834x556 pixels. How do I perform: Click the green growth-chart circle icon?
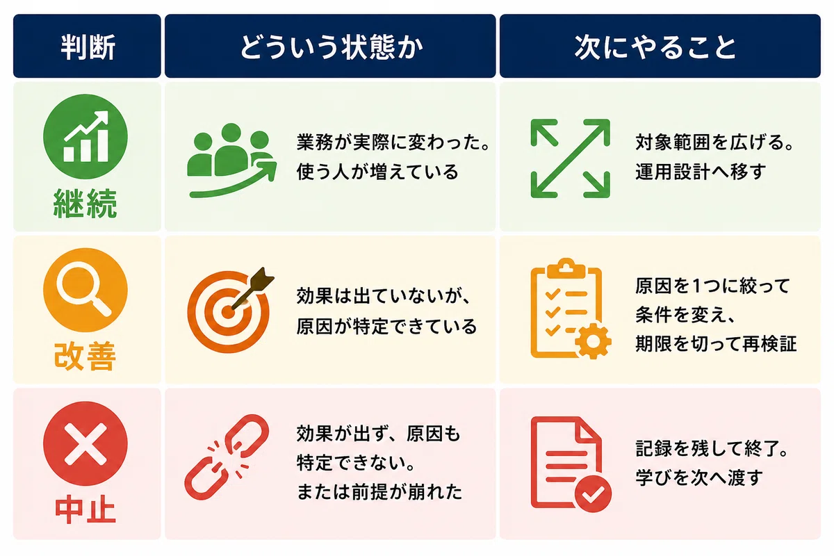pos(85,137)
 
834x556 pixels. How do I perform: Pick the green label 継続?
pos(85,204)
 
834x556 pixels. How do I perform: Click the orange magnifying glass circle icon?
pos(85,290)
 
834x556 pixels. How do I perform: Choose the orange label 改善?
pos(85,356)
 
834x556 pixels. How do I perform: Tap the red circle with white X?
pos(85,443)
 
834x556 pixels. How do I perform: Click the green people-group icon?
pos(231,160)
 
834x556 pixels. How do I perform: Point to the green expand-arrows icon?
pos(570,158)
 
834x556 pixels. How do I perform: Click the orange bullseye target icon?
pos(230,311)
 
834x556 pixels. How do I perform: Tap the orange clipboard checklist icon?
pos(571,309)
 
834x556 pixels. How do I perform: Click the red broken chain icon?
pos(227,457)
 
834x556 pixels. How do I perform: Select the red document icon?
pos(571,464)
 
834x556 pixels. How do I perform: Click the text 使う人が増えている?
pos(377,172)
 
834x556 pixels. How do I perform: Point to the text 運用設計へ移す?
pos(700,172)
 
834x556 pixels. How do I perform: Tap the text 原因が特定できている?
pos(386,326)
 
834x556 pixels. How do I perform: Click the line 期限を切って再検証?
pos(716,343)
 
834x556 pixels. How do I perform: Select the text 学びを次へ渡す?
pos(699,477)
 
